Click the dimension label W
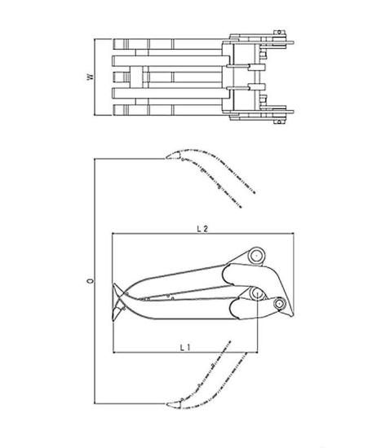pyautogui.click(x=91, y=77)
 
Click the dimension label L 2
pyautogui.click(x=202, y=229)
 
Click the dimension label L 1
pyautogui.click(x=185, y=348)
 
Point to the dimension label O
pyautogui.click(x=91, y=280)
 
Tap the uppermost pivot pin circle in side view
pyautogui.click(x=256, y=255)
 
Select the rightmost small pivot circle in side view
pyautogui.click(x=279, y=304)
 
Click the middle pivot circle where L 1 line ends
pyautogui.click(x=257, y=293)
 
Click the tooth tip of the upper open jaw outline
pyautogui.click(x=166, y=157)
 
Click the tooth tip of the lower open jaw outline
pyautogui.click(x=167, y=404)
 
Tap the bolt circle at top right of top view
pyautogui.click(x=279, y=33)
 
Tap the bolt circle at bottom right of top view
pyautogui.click(x=279, y=121)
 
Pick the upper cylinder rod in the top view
pyautogui.click(x=237, y=66)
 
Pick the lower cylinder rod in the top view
pyautogui.click(x=237, y=88)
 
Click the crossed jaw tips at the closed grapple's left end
pyautogui.click(x=118, y=302)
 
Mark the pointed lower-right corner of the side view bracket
pyautogui.click(x=293, y=315)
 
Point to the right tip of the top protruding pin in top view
pyautogui.click(x=294, y=43)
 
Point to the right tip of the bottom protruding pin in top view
pyautogui.click(x=294, y=112)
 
